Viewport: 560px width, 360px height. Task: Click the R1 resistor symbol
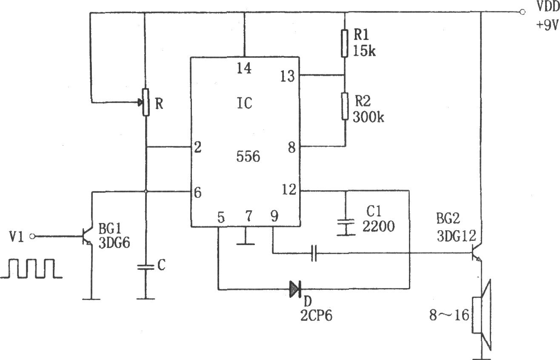click(345, 43)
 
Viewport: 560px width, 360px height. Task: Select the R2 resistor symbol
click(345, 106)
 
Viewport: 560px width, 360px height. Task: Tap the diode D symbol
click(295, 289)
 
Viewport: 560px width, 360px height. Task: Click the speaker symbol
click(482, 315)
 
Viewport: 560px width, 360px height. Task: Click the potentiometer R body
click(146, 102)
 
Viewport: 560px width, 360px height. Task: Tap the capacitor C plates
click(146, 267)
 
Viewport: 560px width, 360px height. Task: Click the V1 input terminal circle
click(32, 236)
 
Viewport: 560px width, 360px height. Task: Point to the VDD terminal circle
click(522, 12)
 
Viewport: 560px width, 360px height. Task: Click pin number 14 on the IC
click(244, 68)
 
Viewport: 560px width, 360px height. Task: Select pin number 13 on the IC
click(288, 76)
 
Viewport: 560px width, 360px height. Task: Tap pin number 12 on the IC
click(289, 189)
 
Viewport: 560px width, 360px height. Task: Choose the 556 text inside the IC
click(248, 157)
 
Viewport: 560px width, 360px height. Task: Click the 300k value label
click(369, 117)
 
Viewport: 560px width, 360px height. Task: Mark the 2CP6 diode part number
click(316, 315)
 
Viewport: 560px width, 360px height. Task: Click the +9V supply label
click(546, 25)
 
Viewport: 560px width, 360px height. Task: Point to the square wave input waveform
click(31, 269)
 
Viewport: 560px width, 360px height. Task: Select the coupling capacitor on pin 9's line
click(314, 253)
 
